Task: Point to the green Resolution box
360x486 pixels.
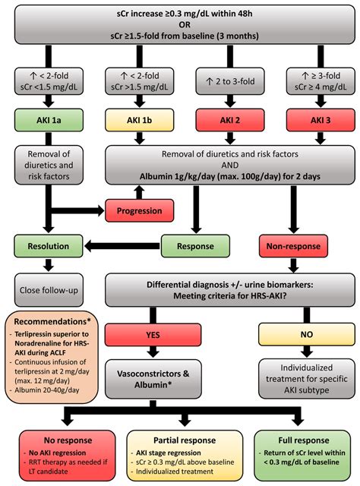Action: (49, 246)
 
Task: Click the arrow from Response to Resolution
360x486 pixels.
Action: (125, 246)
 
